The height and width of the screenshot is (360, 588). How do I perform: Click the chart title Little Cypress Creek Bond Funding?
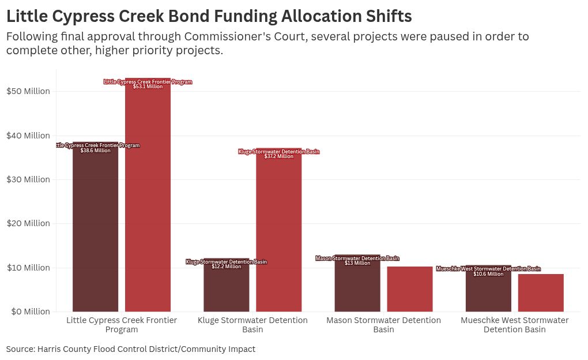(x=209, y=16)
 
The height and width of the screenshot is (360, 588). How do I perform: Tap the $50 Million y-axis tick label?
(x=28, y=91)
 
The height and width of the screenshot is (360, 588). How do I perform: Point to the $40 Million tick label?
(x=28, y=136)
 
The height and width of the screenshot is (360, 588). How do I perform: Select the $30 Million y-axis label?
(x=28, y=179)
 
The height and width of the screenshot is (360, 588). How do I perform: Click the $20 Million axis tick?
(x=28, y=223)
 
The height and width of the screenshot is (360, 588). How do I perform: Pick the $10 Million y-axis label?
(x=28, y=268)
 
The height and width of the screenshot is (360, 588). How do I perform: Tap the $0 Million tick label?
(x=28, y=312)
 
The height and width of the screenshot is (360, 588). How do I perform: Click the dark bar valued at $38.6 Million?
(x=95, y=231)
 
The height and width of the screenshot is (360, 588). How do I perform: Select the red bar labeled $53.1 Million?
(x=148, y=196)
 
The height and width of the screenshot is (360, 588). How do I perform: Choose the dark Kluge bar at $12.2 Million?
(x=226, y=288)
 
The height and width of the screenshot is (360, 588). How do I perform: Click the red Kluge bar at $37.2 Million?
(x=278, y=231)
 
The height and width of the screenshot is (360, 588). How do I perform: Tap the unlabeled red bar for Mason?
(x=410, y=289)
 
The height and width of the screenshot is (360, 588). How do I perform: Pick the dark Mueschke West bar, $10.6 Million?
(x=488, y=291)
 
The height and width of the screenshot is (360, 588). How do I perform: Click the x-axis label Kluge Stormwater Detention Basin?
(x=252, y=325)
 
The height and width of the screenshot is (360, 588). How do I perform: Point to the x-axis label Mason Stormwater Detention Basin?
(x=383, y=325)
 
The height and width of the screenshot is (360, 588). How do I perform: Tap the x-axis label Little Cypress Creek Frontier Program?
(x=122, y=325)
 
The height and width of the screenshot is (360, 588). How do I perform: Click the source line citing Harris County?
(x=131, y=349)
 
